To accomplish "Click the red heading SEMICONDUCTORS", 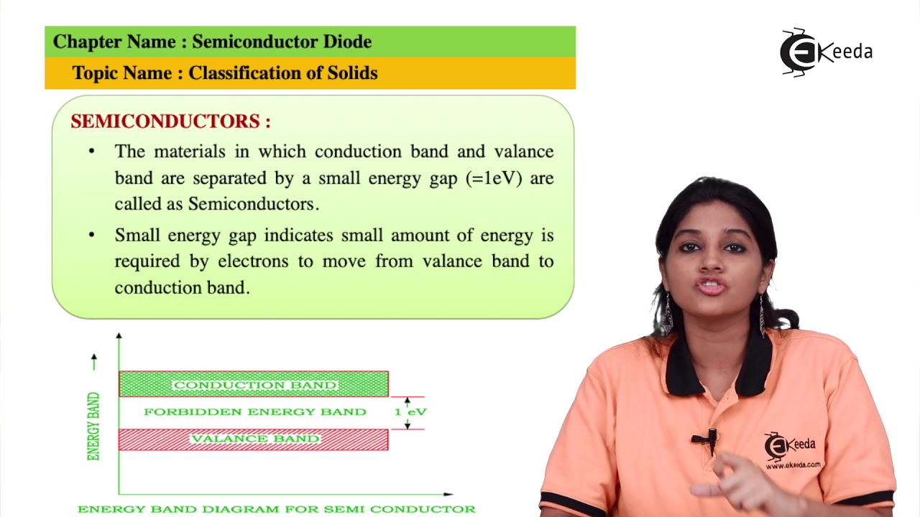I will point(170,121).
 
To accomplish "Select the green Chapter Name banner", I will point(310,42).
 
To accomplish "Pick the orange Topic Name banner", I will point(310,73).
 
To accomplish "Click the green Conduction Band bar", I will point(254,385).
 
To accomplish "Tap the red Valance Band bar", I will point(254,439).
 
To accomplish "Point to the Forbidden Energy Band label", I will point(255,412).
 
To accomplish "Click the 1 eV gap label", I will point(410,412).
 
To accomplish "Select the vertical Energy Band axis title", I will point(93,426).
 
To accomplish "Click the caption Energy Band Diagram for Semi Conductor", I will point(276,509).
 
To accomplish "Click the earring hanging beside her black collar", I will point(762,316).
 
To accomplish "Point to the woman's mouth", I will point(712,287).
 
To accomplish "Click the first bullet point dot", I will point(91,152).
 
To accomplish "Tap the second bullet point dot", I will point(91,236).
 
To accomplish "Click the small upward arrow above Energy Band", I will point(93,361).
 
